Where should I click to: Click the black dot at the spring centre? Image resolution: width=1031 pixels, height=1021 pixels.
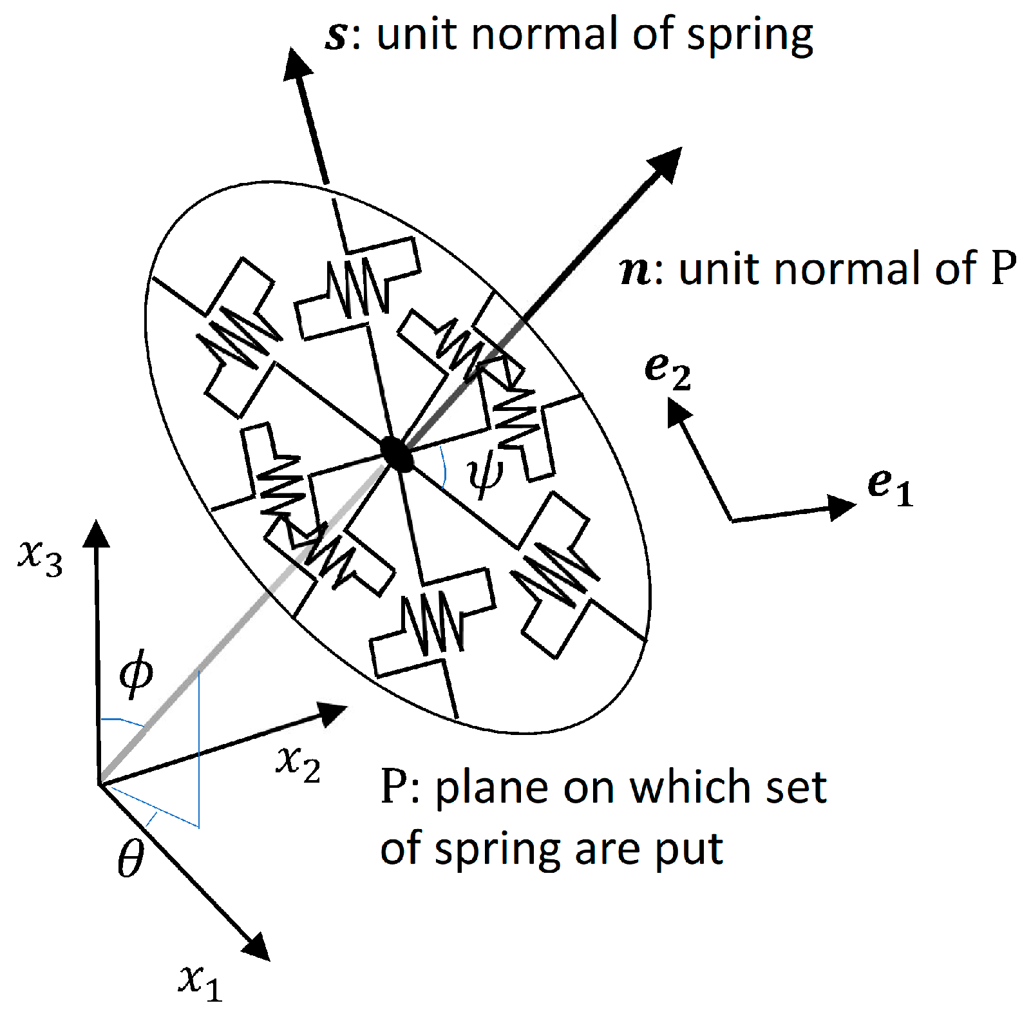(396, 453)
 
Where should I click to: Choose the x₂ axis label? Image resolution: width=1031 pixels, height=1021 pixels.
(298, 763)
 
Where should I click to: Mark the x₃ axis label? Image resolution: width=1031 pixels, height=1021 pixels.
(40, 557)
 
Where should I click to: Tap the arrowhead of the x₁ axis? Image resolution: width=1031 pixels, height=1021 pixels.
(258, 947)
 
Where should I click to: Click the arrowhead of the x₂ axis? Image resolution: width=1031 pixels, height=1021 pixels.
(334, 712)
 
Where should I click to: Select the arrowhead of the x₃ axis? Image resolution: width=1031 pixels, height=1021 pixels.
(97, 533)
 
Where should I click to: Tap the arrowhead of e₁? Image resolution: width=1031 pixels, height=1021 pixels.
(842, 507)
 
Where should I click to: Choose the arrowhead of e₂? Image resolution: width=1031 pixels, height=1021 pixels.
(677, 411)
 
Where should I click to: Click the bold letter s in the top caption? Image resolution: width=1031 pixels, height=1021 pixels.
(337, 35)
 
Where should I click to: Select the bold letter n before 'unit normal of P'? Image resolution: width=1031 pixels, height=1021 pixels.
(636, 271)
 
